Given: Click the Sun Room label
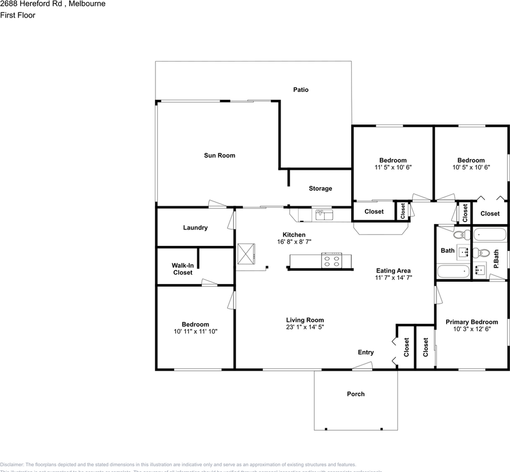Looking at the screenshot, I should coord(219,155).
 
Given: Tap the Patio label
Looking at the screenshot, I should coord(300,89).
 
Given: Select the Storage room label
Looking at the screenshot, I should coord(320,188).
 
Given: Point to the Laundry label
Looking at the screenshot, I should coord(195,228).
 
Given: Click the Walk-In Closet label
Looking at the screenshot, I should coord(182,269).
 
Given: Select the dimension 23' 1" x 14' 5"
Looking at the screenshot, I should coord(305,327).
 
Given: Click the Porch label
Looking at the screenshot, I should coord(356,394).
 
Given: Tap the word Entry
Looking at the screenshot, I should coord(365,352).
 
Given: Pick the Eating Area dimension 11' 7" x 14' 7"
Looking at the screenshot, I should coord(393,278).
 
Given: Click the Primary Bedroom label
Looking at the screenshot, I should coord(472,322).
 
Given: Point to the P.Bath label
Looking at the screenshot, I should coord(496,259).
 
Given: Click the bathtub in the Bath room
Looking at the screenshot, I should coord(453,271).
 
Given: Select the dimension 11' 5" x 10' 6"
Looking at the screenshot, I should coord(392,167).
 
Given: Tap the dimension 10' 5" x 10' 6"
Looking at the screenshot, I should coord(471,167).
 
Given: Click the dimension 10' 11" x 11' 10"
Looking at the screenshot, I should coord(195,331).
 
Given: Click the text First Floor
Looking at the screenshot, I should coord(18,15).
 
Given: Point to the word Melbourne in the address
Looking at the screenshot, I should coord(87,4).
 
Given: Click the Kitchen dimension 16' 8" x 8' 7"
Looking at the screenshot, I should coord(294,242).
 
